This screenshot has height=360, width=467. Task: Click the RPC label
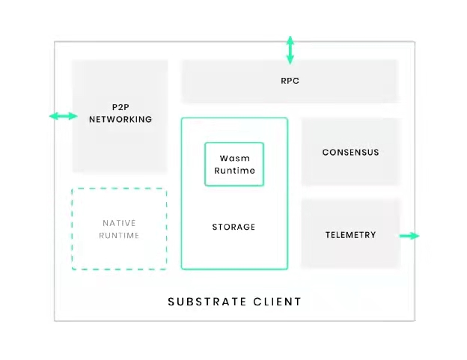click(x=290, y=81)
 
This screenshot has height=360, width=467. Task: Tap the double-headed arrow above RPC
click(x=290, y=49)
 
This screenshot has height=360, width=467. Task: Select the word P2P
click(x=120, y=107)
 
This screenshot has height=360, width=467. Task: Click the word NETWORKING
click(x=120, y=119)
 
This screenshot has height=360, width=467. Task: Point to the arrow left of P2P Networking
click(x=63, y=116)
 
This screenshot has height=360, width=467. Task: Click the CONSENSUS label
click(x=350, y=152)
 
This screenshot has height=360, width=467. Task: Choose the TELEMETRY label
click(x=350, y=235)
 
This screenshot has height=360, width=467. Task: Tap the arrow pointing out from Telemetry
click(x=409, y=236)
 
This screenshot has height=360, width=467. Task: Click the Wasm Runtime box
click(x=234, y=164)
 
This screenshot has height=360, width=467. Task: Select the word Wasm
click(x=234, y=158)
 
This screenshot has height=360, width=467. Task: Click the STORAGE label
click(x=233, y=227)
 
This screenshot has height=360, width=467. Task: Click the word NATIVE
click(x=120, y=223)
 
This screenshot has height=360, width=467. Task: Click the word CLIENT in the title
click(x=276, y=302)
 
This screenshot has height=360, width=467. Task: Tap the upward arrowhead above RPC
click(x=290, y=38)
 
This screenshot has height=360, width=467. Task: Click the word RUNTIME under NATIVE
click(x=120, y=235)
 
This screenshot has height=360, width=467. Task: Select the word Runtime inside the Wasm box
click(x=234, y=171)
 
